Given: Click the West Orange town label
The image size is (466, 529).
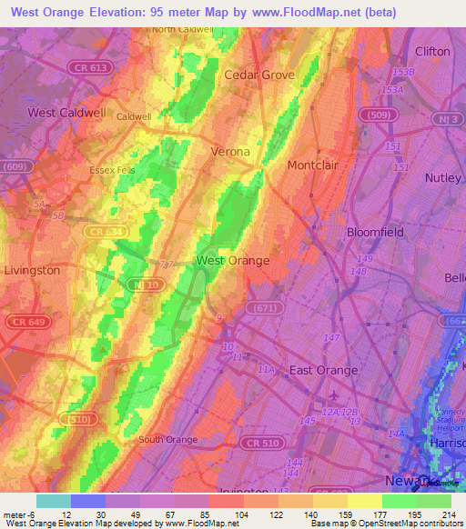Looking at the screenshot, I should tap(233, 261).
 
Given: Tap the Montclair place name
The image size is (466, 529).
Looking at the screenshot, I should tap(312, 165).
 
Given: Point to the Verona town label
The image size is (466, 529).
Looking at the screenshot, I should tap(230, 152).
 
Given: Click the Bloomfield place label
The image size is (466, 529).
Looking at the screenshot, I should tap(375, 232).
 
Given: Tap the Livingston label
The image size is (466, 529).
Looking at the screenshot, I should tap(32, 270).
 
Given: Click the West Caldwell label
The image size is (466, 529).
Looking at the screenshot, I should tap(66, 113).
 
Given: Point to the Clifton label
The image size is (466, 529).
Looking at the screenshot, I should tap(432, 52).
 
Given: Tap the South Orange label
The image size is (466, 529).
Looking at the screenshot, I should tap(167, 439).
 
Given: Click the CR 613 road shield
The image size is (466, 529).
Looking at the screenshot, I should tap(88, 67).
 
